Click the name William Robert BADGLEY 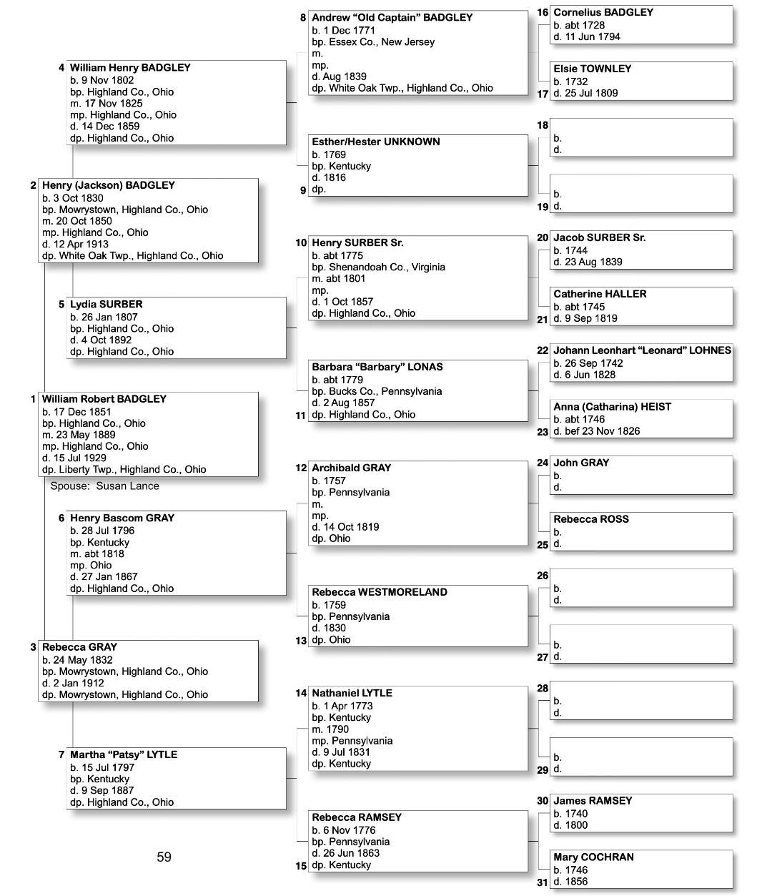coord(104,399)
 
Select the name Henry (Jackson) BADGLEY coord(108,185)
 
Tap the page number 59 coord(164,857)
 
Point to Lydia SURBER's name coord(106,305)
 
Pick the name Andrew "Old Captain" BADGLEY coord(392,18)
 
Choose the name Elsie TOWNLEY coord(592,69)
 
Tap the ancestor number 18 coord(543,126)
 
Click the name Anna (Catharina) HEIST coord(612,407)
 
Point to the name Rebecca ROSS coord(590,519)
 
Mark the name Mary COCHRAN coord(593,857)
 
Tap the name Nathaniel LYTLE coord(352,693)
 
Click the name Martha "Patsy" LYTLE coord(123,754)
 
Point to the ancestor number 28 coord(543,689)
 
